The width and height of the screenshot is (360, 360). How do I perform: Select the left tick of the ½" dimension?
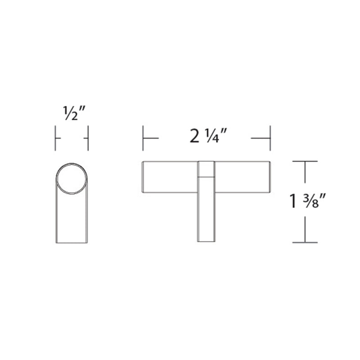pyautogui.click(x=55, y=138)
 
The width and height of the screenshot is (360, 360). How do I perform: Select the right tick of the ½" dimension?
pyautogui.click(x=87, y=138)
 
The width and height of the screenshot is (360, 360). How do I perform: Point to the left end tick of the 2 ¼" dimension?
pyautogui.click(x=143, y=138)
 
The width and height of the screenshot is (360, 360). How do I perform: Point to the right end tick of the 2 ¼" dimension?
pyautogui.click(x=270, y=138)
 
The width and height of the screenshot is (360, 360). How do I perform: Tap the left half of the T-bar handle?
pyautogui.click(x=170, y=176)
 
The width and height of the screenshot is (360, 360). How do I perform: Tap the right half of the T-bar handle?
pyautogui.click(x=242, y=176)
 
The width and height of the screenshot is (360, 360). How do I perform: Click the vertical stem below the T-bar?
pyautogui.click(x=206, y=216)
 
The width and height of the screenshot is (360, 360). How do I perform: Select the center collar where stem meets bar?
pyautogui.click(x=206, y=169)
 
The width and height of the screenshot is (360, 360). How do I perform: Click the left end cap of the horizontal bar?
pyautogui.click(x=144, y=176)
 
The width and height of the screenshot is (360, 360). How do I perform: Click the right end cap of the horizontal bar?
pyautogui.click(x=269, y=176)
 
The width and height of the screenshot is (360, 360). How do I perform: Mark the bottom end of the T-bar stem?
pyautogui.click(x=206, y=241)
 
